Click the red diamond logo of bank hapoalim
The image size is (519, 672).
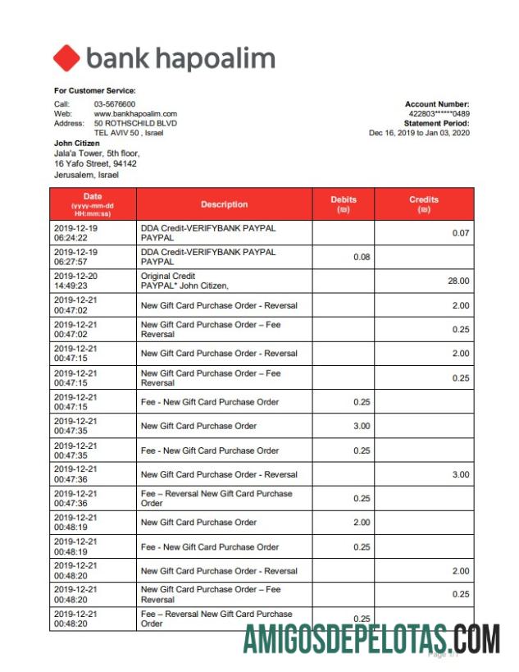pyautogui.click(x=66, y=58)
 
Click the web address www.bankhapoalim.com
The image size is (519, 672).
pyautogui.click(x=135, y=114)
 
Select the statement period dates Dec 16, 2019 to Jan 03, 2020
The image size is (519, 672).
pyautogui.click(x=419, y=133)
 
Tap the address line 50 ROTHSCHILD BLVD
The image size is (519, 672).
pyautogui.click(x=135, y=123)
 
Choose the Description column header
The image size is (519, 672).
pyautogui.click(x=224, y=204)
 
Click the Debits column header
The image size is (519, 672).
pyautogui.click(x=344, y=203)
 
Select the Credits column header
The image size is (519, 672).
pyautogui.click(x=424, y=203)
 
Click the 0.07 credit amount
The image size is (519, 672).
pyautogui.click(x=461, y=233)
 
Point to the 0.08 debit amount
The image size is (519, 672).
pyautogui.click(x=362, y=257)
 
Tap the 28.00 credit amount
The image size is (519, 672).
pyautogui.click(x=458, y=281)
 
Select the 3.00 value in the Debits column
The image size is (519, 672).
pyautogui.click(x=362, y=426)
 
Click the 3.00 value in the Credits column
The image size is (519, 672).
pyautogui.click(x=461, y=474)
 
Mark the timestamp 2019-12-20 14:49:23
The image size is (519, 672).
pyautogui.click(x=75, y=281)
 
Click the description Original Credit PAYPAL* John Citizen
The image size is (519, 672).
pyautogui.click(x=184, y=281)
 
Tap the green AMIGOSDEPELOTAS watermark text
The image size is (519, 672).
pyautogui.click(x=371, y=638)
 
